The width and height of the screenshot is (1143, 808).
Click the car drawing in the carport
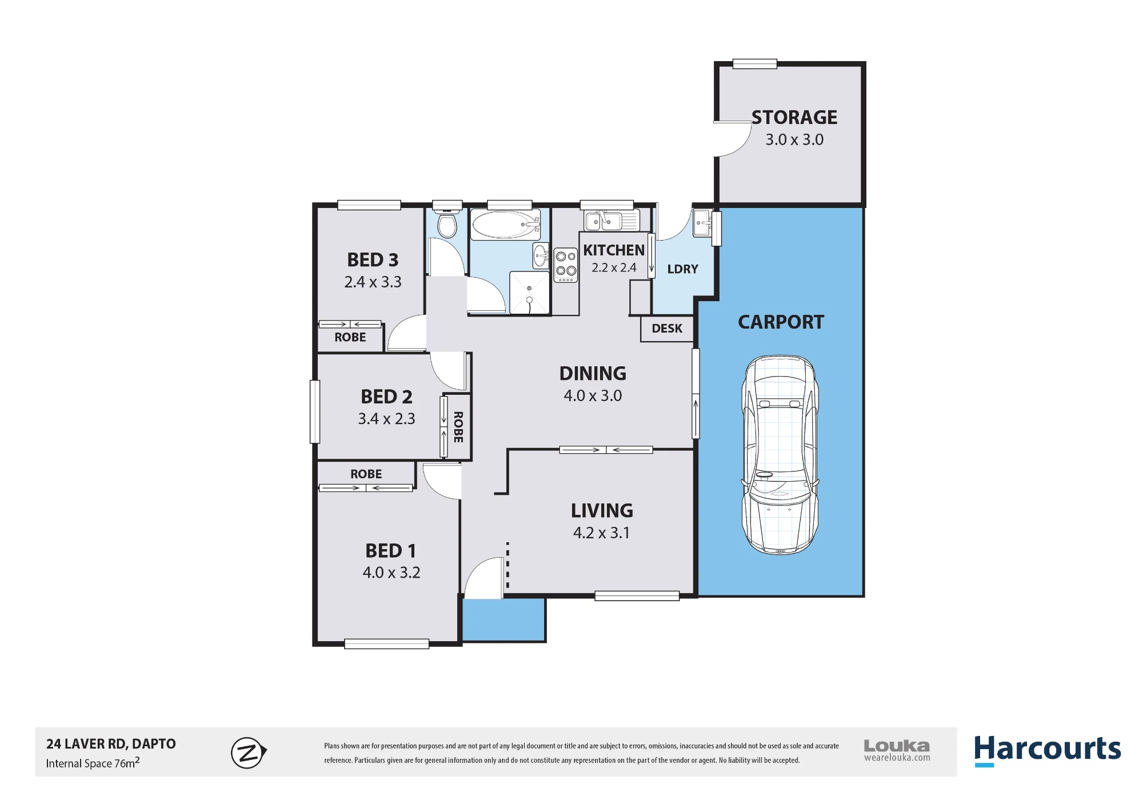tap(780, 455)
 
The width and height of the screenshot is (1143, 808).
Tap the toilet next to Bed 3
tap(447, 224)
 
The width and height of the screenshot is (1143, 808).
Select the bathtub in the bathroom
tap(506, 225)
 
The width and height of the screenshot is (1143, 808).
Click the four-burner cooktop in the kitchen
tap(566, 265)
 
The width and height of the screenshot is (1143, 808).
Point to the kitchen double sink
tap(611, 220)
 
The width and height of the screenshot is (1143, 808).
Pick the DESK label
tap(667, 329)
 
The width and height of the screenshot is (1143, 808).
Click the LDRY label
tap(683, 269)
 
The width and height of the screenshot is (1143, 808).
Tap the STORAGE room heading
tap(794, 117)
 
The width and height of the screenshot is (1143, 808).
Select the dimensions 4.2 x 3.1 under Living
tap(601, 533)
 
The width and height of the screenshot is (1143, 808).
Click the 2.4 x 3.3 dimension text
tap(373, 282)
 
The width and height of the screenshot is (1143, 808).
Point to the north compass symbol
tap(249, 753)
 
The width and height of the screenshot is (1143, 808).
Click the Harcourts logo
tap(1048, 749)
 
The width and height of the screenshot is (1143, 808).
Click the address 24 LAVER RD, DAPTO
tap(111, 744)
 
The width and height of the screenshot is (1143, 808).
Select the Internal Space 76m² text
tap(93, 763)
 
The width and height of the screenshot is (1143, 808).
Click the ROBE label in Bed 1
tap(366, 474)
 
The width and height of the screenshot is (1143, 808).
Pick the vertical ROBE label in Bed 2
tap(458, 427)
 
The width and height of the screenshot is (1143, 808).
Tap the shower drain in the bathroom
tap(529, 289)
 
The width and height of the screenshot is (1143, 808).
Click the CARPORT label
tap(781, 322)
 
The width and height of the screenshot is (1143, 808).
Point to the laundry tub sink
tap(702, 223)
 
